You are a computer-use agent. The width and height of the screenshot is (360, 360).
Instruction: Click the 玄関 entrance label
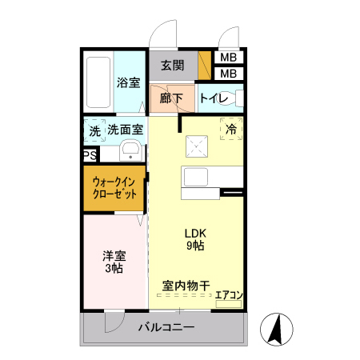pyautogui.click(x=172, y=66)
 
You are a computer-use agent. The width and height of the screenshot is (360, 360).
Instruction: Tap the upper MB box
pyautogui.click(x=228, y=58)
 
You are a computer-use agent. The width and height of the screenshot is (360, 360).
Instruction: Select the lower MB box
pyautogui.click(x=228, y=74)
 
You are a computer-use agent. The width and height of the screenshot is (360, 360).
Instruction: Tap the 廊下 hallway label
pyautogui.click(x=170, y=99)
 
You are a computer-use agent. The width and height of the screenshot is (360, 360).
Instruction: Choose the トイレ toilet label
pyautogui.click(x=214, y=99)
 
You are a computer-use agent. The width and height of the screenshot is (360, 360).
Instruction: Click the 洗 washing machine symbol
pyautogui.click(x=94, y=130)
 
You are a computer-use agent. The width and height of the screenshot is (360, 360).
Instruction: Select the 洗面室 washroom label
pyautogui.click(x=126, y=129)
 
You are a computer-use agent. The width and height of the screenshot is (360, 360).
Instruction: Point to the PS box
pyautogui.click(x=90, y=156)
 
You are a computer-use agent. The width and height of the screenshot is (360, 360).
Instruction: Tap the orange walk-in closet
pyautogui.click(x=115, y=188)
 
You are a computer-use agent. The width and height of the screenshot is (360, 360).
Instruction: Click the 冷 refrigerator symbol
pyautogui.click(x=231, y=129)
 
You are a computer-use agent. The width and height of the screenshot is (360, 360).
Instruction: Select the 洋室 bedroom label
pyautogui.click(x=114, y=257)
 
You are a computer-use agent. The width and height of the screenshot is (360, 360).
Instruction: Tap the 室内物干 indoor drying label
pyautogui.click(x=186, y=285)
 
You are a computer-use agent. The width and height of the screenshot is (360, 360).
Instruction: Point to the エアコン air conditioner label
pyautogui.click(x=229, y=296)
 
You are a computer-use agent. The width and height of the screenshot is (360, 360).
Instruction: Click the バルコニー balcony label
pyautogui.click(x=165, y=326)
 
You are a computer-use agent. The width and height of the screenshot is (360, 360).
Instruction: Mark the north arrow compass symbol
pyautogui.click(x=274, y=329)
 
